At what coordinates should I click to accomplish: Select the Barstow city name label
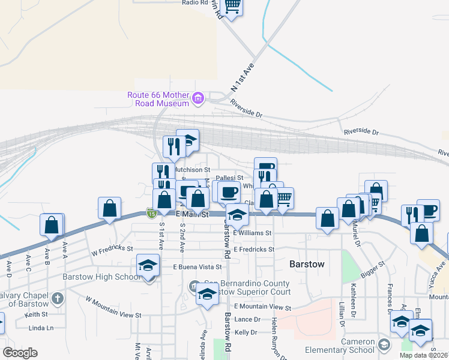pos(307,264)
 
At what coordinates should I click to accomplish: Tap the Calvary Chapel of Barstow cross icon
pos(57,298)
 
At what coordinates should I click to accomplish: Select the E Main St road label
pos(191,214)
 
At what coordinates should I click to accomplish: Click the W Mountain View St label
pos(113,307)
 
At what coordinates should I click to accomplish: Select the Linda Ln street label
pos(41,328)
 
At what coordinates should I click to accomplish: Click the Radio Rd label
pos(195,2)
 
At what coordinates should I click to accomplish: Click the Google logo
pos(20,353)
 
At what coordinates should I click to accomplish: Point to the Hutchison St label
pos(191,170)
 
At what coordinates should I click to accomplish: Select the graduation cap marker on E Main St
pos(237,214)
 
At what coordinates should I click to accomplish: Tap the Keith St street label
pos(36,314)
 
